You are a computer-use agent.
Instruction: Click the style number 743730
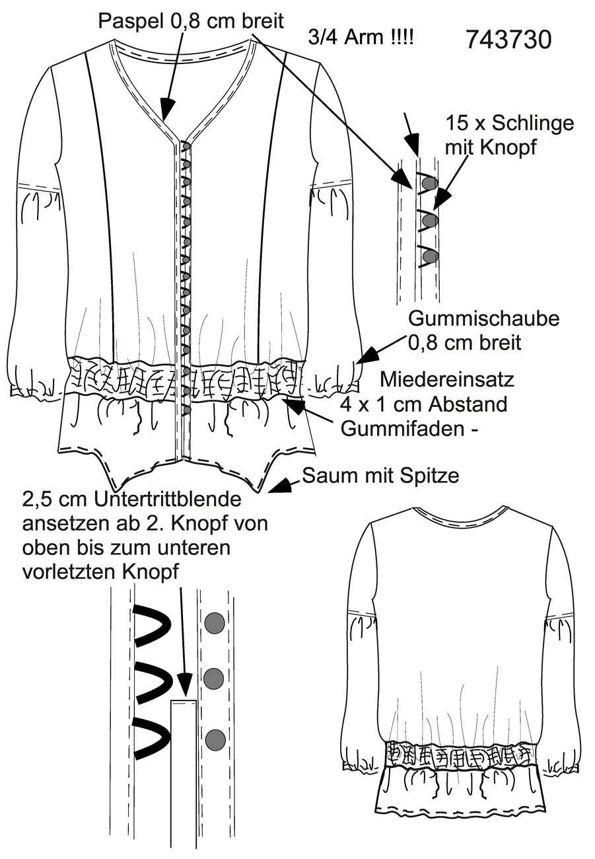[x=508, y=40]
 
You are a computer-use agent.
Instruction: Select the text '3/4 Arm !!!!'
[x=361, y=38]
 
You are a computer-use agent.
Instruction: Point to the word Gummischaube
[x=484, y=318]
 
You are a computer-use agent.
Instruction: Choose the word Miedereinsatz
[x=447, y=380]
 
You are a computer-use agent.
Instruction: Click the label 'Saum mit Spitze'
[x=380, y=476]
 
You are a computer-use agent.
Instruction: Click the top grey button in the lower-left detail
[x=215, y=622]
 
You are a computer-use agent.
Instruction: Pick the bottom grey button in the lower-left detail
[x=215, y=739]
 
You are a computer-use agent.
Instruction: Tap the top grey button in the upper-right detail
[x=429, y=183]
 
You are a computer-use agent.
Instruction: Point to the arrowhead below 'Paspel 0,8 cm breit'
[x=167, y=108]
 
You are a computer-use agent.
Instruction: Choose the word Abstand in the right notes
[x=468, y=404]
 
